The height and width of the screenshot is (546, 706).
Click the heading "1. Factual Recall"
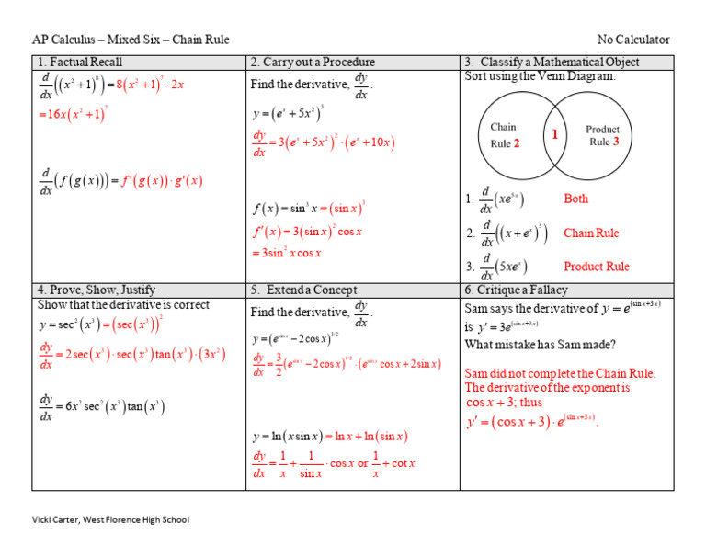pos(79,62)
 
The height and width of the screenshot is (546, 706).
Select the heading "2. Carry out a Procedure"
pos(313,62)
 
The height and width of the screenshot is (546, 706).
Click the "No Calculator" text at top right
pos(633,40)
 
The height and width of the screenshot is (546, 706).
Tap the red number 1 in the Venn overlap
pos(555,134)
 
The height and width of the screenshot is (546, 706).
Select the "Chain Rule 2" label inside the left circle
pos(506,135)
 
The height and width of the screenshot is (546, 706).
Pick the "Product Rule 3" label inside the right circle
pos(603,135)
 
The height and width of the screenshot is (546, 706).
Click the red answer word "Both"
pos(575,199)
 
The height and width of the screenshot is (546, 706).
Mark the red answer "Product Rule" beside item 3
pos(597,267)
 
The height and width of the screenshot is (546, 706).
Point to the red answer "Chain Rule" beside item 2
pos(591,233)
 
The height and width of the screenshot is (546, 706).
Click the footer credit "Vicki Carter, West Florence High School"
pos(110,519)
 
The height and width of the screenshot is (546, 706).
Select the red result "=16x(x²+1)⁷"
pos(73,114)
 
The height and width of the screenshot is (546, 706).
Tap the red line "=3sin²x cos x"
pos(286,253)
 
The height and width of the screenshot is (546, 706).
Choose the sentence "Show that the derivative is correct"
pos(123,305)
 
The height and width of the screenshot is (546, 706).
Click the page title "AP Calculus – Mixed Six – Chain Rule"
pos(131,40)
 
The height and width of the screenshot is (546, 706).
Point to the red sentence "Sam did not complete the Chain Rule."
pos(560,373)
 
